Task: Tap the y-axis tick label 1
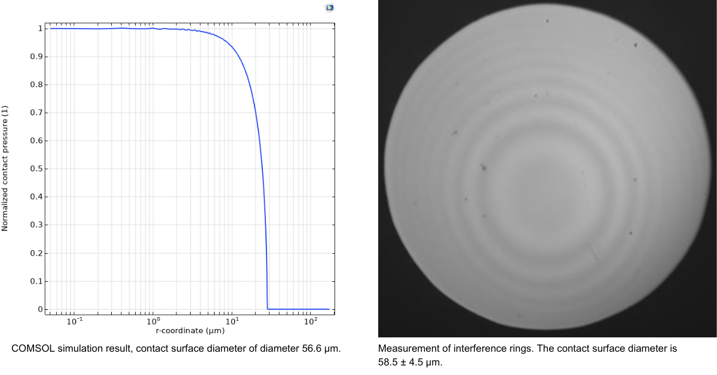pos(40,29)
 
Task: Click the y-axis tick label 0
pos(40,309)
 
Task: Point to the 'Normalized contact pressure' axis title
pos(5,168)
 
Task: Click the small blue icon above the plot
pos(329,8)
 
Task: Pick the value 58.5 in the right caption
pos(388,361)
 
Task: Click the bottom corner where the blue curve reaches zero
pos(268,309)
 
